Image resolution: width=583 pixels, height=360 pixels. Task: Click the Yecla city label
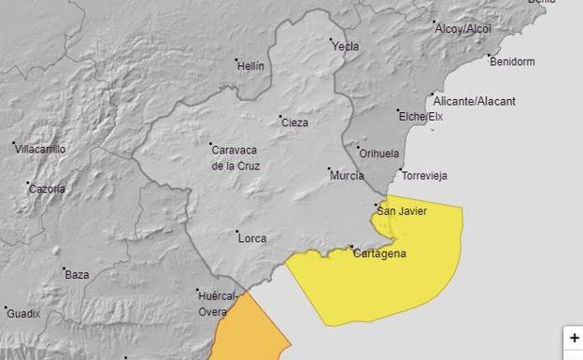pos(345,46)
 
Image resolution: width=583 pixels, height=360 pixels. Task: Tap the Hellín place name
pos(251,66)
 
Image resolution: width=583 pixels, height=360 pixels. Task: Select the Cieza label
pos(294,122)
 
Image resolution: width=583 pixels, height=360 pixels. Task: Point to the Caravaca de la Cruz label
pos(236,158)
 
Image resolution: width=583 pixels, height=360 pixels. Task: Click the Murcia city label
pos(347,175)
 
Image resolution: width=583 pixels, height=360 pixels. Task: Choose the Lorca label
pos(252,238)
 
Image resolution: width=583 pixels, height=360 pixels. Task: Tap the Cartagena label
pos(380,253)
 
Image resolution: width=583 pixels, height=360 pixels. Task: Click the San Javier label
pos(404,211)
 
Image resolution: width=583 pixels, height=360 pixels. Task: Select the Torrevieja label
pos(424,176)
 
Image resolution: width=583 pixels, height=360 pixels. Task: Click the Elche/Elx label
pos(419,117)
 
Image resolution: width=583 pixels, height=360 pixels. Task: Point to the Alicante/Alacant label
pos(474,101)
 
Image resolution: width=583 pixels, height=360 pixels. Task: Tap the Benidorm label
pos(512,62)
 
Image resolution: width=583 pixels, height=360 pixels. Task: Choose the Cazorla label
pos(47,189)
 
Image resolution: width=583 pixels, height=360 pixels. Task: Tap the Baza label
pos(77,275)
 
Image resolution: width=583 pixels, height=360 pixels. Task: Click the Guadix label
pos(23,313)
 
